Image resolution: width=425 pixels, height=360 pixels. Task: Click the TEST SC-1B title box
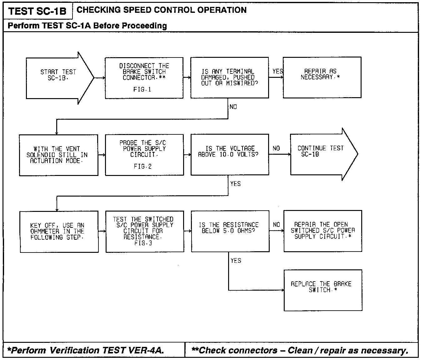click(37, 11)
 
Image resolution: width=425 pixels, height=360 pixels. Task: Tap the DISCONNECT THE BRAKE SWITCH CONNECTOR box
click(144, 78)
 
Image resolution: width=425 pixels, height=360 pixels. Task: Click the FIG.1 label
click(142, 90)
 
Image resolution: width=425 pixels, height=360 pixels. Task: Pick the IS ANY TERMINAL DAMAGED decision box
click(230, 77)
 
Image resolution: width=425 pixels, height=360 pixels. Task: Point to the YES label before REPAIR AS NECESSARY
click(277, 72)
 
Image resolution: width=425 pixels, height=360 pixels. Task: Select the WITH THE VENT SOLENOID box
click(58, 155)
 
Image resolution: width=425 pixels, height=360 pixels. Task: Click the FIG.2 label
click(142, 167)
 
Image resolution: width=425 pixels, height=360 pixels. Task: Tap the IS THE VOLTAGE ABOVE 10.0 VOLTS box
click(230, 154)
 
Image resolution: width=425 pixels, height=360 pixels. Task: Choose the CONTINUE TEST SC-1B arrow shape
click(322, 154)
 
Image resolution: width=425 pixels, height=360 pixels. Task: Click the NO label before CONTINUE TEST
click(276, 148)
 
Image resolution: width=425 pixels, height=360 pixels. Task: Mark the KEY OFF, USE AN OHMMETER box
click(59, 232)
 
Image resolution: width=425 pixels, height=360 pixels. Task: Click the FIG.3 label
click(143, 243)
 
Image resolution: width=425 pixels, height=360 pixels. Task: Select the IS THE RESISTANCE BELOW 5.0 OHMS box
click(230, 231)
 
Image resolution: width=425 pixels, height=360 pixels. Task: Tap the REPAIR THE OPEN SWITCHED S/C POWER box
click(323, 231)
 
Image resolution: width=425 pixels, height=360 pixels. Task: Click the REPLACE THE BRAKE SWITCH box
click(323, 290)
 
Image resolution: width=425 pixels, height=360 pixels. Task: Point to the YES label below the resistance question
click(236, 260)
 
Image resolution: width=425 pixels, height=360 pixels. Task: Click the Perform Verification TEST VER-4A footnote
click(85, 350)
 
